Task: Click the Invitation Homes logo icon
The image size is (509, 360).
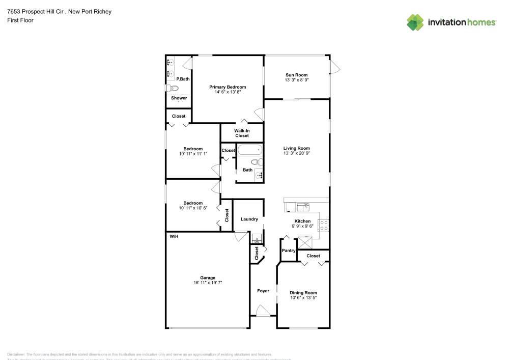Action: (415, 22)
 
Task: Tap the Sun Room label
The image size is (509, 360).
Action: (296, 75)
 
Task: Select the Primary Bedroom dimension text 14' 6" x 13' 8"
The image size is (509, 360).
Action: (228, 92)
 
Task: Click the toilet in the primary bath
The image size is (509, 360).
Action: (169, 88)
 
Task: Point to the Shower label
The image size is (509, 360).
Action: (179, 98)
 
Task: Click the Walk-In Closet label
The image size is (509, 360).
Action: (242, 133)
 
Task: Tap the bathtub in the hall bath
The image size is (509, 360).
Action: (249, 150)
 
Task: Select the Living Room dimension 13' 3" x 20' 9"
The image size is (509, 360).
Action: (296, 154)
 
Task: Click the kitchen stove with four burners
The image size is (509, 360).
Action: (323, 225)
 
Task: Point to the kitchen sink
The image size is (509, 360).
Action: (303, 207)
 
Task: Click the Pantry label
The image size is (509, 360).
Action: (289, 251)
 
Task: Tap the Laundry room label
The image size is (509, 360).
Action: (249, 219)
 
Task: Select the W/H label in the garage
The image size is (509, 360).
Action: (174, 236)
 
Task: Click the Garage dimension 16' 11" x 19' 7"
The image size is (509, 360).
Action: (208, 283)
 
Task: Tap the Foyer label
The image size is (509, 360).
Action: (263, 291)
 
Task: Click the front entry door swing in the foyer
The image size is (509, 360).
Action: (263, 311)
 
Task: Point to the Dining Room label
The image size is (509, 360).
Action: (303, 293)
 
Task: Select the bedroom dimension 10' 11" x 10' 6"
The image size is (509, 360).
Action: (193, 208)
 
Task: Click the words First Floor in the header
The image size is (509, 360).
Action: (20, 20)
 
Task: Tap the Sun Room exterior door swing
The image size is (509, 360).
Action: (335, 67)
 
